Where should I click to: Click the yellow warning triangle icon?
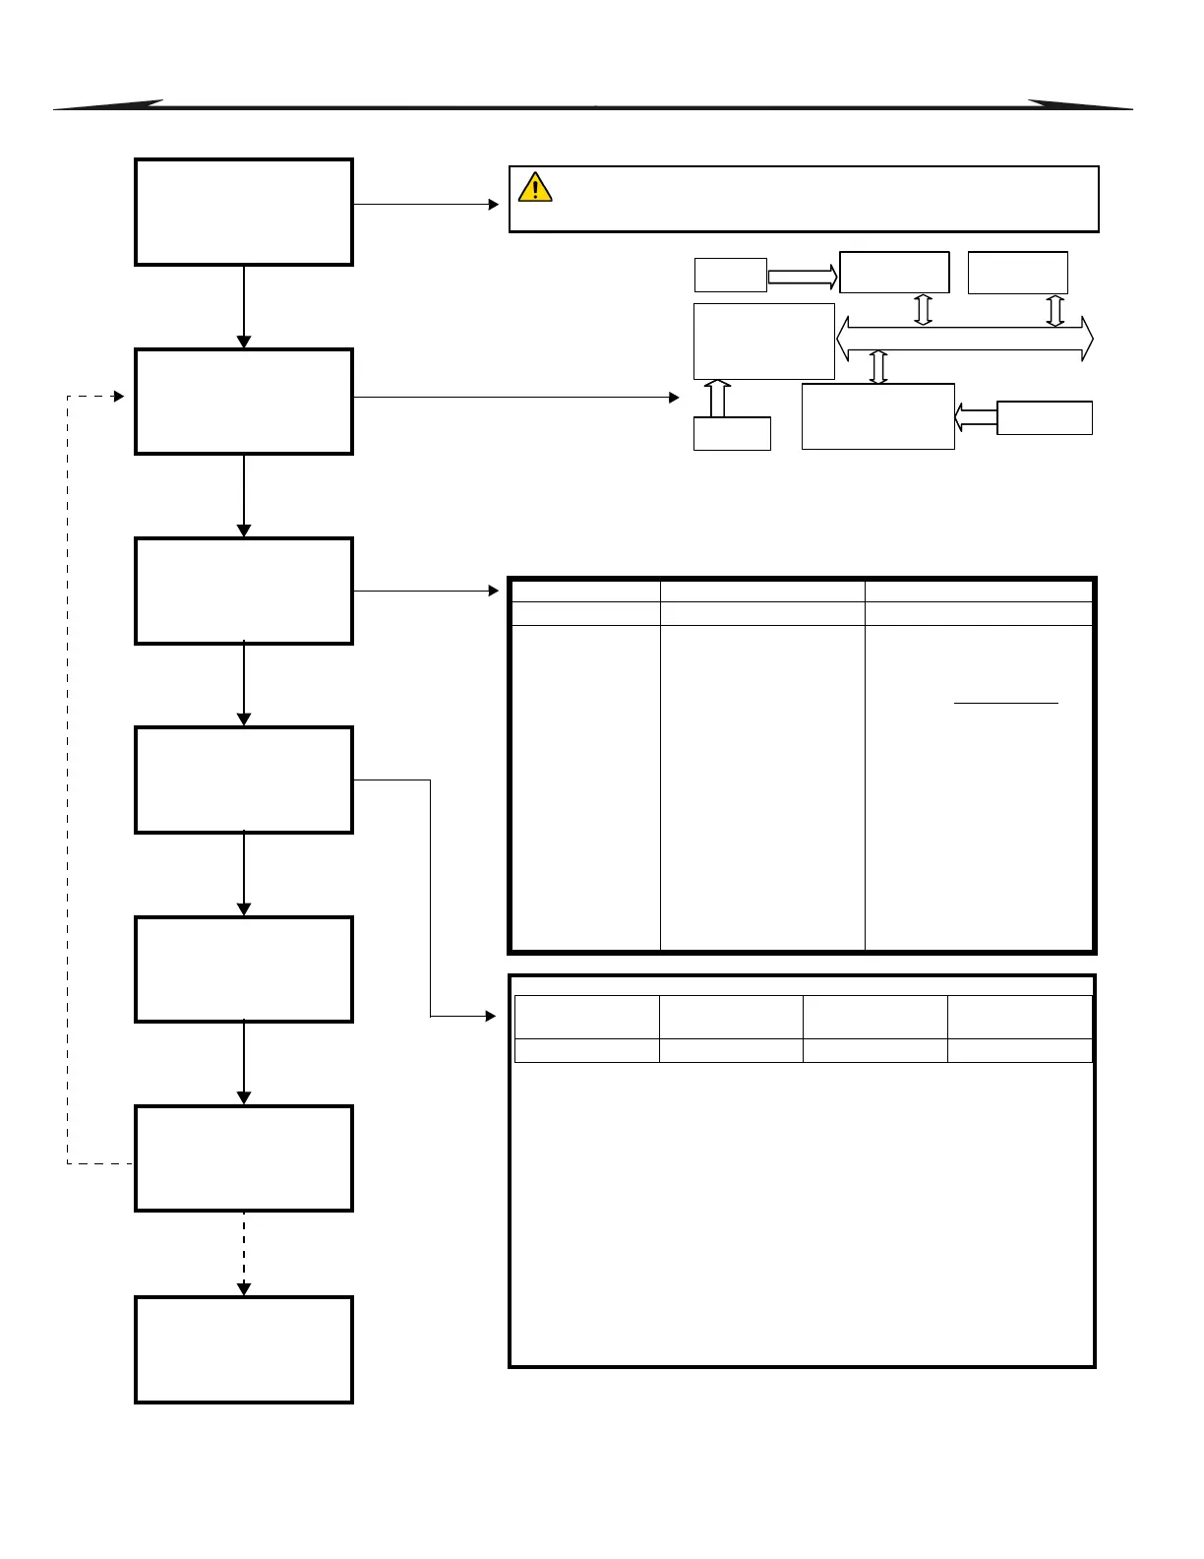click(535, 187)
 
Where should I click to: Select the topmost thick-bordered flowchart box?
click(244, 212)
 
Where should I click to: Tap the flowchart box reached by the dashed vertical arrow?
click(244, 1349)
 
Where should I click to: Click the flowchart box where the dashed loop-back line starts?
click(244, 1158)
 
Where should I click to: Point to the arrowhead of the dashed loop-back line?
click(119, 397)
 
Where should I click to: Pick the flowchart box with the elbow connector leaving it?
click(244, 779)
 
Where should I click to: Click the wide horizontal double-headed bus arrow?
click(964, 339)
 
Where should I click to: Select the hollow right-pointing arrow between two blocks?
click(802, 277)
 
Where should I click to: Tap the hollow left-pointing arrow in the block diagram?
click(975, 417)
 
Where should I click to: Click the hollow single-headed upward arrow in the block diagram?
click(718, 398)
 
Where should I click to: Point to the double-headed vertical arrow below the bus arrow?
click(879, 367)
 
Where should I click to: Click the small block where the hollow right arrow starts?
click(730, 276)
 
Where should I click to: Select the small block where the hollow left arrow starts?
click(1045, 417)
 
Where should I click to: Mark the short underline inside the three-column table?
click(1006, 704)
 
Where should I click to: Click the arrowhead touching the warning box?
click(495, 205)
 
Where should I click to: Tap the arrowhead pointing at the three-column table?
click(495, 591)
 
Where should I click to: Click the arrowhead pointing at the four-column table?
click(491, 1016)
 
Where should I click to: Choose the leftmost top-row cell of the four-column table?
click(586, 1016)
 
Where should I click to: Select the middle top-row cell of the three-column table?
click(762, 591)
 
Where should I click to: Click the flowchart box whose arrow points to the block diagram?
click(244, 402)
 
